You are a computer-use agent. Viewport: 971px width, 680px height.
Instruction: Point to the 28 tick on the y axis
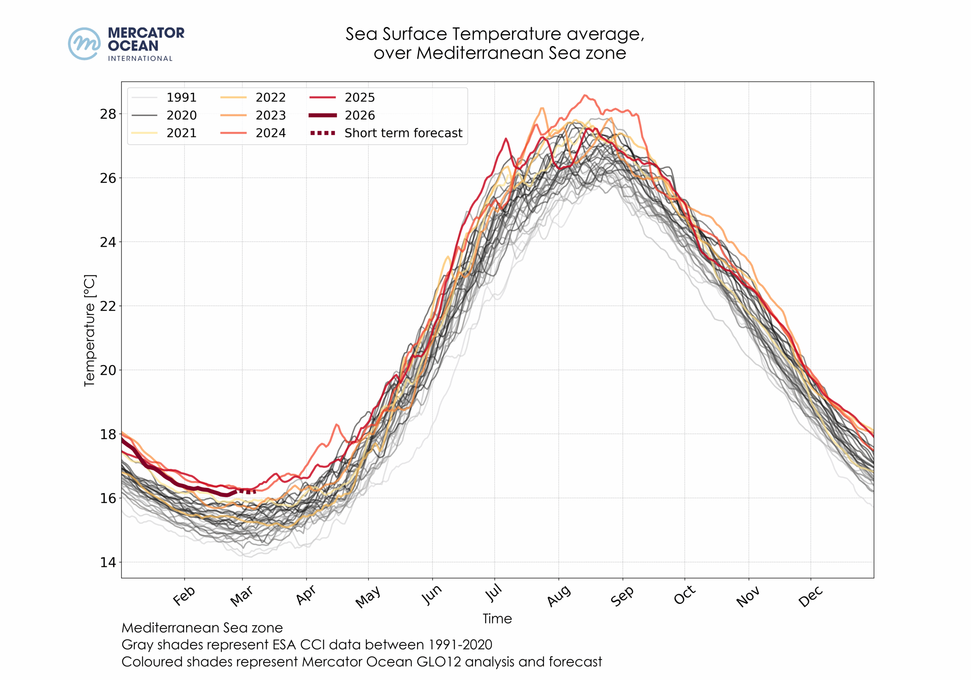[x=108, y=114]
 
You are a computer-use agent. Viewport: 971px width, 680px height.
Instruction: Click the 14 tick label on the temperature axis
[x=108, y=562]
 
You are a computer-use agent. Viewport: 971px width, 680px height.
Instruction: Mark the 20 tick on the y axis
[x=108, y=370]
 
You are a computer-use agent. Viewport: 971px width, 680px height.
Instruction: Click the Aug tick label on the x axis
[x=559, y=596]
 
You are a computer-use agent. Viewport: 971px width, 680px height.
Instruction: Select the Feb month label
[x=184, y=596]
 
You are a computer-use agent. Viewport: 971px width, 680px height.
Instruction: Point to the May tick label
[x=368, y=597]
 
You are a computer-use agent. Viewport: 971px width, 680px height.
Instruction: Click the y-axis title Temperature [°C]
[x=90, y=331]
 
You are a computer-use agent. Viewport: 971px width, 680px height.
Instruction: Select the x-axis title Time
[x=497, y=619]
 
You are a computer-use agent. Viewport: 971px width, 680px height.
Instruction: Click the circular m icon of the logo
[x=85, y=44]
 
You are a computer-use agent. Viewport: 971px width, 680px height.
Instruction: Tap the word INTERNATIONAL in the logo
[x=140, y=58]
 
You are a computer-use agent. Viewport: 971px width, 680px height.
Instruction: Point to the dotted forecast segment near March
[x=248, y=491]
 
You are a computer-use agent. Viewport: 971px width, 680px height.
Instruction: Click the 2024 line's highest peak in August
[x=585, y=95]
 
